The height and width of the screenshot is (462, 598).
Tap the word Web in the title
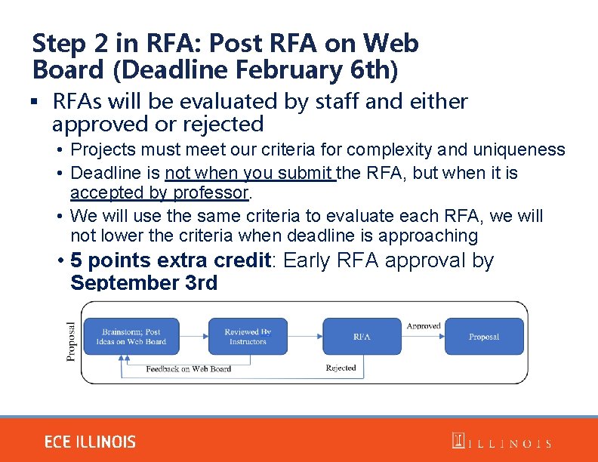coord(390,44)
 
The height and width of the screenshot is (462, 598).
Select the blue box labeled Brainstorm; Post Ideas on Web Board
coord(131,337)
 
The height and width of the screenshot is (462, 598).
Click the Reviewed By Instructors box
coord(248,337)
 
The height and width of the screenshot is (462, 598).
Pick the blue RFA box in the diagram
coord(362,337)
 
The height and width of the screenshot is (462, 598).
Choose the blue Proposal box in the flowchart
coord(484,337)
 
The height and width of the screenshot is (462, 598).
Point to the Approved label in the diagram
coord(424,326)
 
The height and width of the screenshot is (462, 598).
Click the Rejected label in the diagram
coord(341,368)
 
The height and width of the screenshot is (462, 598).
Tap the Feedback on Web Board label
coord(188,369)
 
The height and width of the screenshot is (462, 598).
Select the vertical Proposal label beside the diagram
coord(72,341)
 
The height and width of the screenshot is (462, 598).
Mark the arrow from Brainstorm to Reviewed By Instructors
coord(194,337)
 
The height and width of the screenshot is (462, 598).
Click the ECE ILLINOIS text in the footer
coord(90,442)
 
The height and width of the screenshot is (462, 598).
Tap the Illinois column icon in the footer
coord(458,442)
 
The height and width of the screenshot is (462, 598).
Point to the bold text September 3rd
coord(143,283)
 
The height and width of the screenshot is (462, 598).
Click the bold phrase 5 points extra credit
coord(171,261)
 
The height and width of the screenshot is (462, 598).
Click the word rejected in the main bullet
coord(223,124)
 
